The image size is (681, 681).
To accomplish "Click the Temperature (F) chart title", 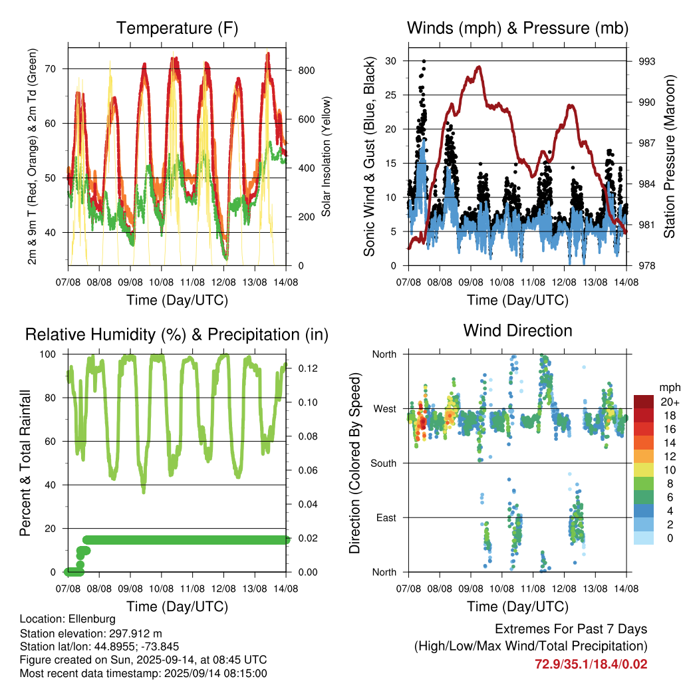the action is click(x=177, y=28).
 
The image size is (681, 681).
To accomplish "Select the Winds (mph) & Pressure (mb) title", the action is click(x=517, y=28).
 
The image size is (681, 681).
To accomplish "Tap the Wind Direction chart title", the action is click(x=517, y=331).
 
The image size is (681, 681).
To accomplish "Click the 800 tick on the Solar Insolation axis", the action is click(x=306, y=70).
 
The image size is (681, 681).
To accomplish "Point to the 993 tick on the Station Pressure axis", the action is click(x=646, y=61).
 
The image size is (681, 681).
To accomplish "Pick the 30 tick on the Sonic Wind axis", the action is click(x=391, y=61).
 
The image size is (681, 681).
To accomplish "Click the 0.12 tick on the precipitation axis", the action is click(x=308, y=368).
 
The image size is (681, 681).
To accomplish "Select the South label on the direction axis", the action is click(x=384, y=464).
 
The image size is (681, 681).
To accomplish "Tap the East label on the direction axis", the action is click(x=386, y=517).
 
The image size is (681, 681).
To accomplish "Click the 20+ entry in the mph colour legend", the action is click(x=670, y=402).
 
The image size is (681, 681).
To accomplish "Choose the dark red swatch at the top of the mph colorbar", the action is click(x=644, y=402).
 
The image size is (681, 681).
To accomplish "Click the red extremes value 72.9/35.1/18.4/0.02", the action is click(x=591, y=664).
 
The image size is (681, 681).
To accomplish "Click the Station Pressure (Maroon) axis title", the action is click(x=670, y=156).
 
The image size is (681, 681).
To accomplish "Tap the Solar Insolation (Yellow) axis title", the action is click(x=326, y=156).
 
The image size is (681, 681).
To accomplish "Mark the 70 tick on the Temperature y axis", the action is click(x=51, y=68).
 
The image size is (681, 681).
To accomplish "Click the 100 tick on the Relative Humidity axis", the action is click(x=48, y=354).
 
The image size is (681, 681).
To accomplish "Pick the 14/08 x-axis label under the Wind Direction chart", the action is click(x=626, y=589).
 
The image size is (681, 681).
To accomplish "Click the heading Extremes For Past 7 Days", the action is click(x=571, y=629).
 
